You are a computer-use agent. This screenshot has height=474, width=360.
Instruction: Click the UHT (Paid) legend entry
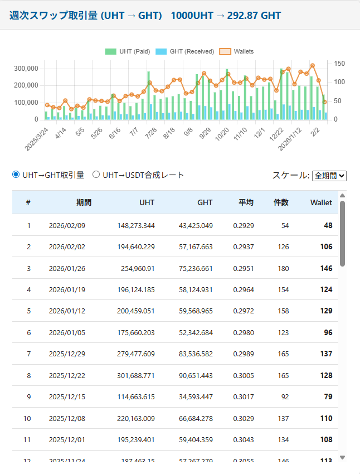coord(128,51)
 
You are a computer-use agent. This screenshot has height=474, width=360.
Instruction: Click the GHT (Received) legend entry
coord(184,51)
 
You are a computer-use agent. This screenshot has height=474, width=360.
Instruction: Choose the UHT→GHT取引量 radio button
coord(16,175)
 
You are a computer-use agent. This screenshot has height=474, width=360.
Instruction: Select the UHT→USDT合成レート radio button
coord(96,175)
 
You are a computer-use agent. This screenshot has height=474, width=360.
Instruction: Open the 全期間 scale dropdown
coord(329,175)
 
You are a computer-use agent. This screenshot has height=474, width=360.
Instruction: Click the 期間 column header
coord(84,202)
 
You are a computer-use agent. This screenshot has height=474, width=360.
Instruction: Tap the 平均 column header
coord(246,202)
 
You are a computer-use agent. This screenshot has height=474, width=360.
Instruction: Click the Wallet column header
coord(321,202)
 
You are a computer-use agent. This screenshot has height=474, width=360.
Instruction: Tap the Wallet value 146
coord(326,268)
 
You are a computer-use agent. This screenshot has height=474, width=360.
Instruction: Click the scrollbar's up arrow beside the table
coord(342,195)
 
